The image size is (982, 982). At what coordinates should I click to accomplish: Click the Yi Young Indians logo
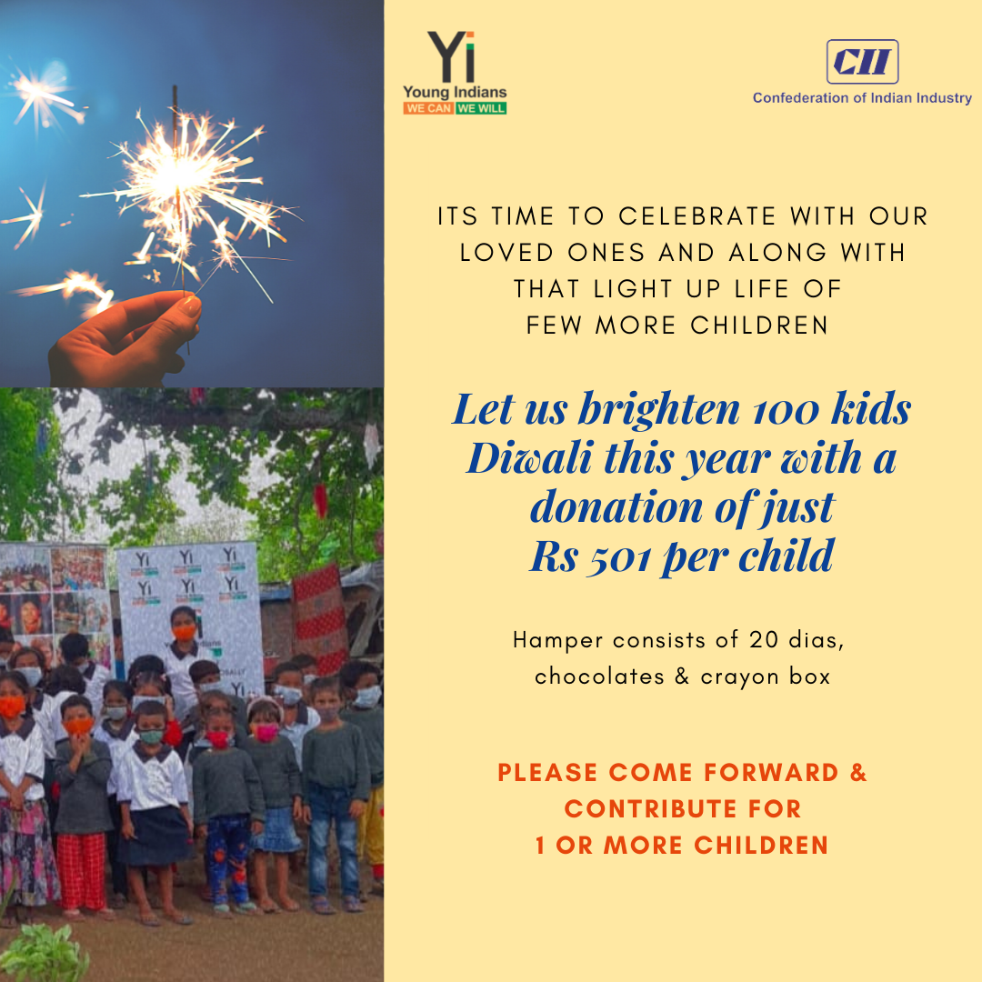[455, 73]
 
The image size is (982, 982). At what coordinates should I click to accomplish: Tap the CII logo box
[862, 62]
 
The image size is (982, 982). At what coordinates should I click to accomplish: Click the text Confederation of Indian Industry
[862, 97]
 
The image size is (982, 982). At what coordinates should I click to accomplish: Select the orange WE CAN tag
[428, 108]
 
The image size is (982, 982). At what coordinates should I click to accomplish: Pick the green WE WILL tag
[481, 108]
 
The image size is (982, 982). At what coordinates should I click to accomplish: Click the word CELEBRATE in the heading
[697, 216]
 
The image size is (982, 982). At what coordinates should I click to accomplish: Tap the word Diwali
[529, 457]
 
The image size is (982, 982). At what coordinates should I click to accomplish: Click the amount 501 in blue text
[619, 556]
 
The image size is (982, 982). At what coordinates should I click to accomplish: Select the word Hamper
[558, 641]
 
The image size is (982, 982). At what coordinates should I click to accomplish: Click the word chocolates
[599, 676]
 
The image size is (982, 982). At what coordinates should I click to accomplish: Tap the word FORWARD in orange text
[771, 772]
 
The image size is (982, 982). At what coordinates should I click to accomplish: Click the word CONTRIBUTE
[651, 808]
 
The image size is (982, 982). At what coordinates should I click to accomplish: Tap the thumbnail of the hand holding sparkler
[192, 194]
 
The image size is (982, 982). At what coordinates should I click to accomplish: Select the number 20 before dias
[763, 640]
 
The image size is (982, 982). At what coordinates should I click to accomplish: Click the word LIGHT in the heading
[633, 289]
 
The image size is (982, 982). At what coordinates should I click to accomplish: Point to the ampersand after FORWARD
[858, 772]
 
